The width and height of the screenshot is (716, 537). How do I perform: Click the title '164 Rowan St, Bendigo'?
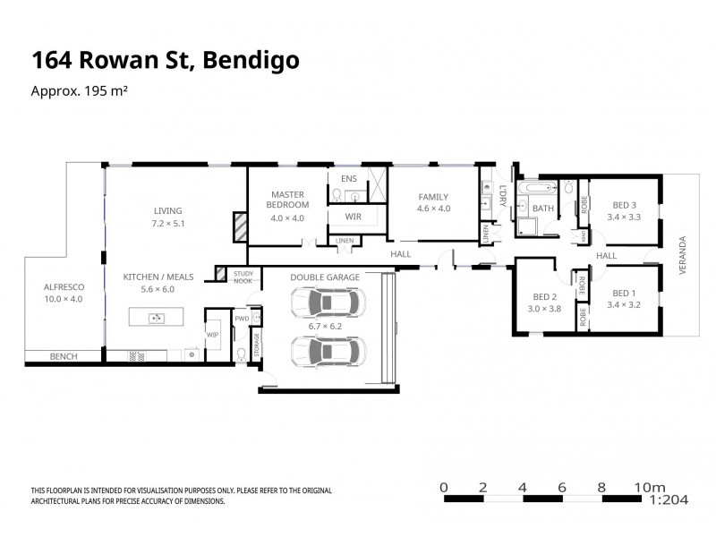point(165,61)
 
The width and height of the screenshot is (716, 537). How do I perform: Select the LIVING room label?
point(166,211)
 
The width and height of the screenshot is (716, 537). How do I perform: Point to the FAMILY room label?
point(432,197)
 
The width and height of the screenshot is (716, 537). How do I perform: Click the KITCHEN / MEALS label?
point(158,278)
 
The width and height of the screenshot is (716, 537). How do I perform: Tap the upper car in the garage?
point(326,303)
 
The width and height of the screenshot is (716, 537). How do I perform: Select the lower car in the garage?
point(326,353)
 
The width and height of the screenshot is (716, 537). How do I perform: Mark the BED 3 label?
point(622,204)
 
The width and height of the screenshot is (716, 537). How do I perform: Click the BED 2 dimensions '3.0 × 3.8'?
point(546,309)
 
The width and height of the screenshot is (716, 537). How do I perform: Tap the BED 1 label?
point(623,293)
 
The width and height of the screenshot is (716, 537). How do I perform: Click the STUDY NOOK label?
point(243,277)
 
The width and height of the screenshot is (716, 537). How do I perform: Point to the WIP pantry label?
point(212,335)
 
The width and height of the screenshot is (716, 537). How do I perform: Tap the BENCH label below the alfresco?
point(64,356)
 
